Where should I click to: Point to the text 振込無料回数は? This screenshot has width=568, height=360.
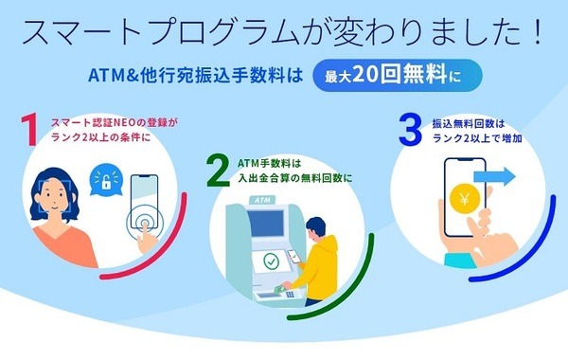tap(463, 123)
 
